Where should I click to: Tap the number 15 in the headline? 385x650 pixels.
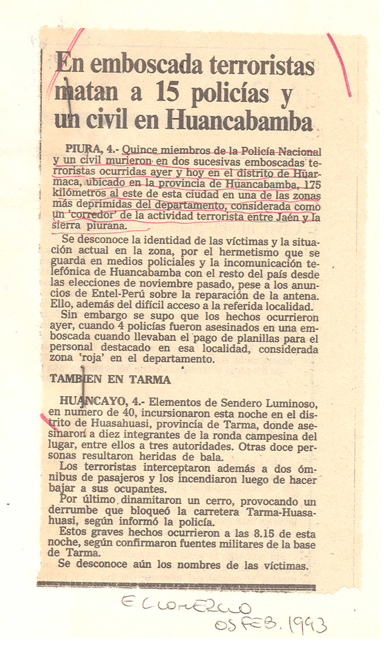pos(167,93)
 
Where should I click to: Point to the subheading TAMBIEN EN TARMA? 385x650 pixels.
pos(110,380)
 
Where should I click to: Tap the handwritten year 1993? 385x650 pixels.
pos(307,625)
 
